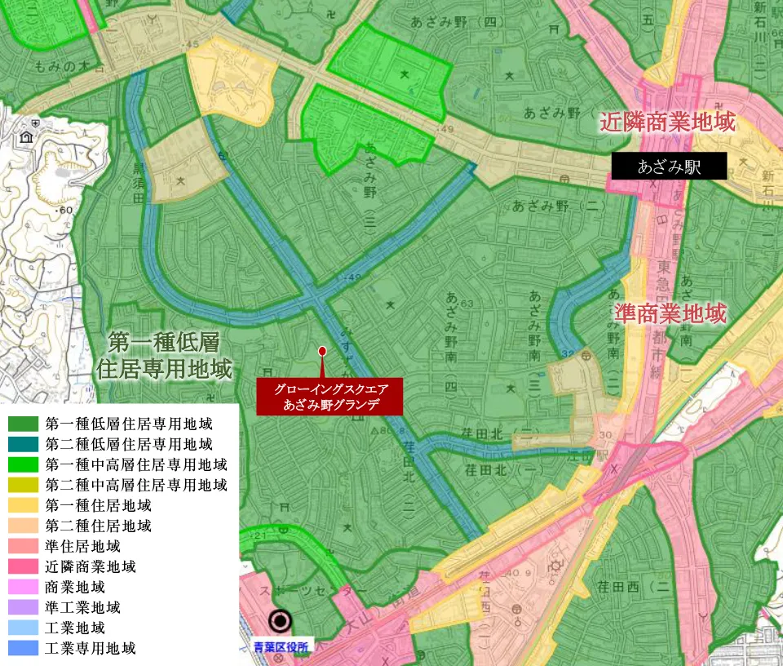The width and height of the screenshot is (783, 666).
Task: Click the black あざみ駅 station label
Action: point(669,168)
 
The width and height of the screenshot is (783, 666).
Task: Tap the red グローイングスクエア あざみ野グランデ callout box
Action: point(330,397)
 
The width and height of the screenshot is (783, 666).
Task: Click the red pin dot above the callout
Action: point(322,351)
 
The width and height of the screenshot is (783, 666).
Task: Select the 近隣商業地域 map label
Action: point(668,122)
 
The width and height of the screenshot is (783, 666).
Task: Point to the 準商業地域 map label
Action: point(670,313)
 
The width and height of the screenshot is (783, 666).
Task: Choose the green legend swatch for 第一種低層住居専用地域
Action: point(23,424)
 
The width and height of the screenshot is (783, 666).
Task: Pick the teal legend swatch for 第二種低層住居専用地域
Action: point(23,444)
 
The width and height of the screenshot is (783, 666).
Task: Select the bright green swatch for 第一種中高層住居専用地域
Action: point(23,464)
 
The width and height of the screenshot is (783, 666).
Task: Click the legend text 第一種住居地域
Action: point(99,505)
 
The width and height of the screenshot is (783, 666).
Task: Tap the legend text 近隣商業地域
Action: point(91,566)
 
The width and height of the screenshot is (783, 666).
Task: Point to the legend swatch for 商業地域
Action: point(23,587)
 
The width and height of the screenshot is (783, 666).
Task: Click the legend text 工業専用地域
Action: point(91,649)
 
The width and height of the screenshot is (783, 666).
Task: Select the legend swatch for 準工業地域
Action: point(23,607)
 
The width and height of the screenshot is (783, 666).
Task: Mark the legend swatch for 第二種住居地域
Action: point(23,526)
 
